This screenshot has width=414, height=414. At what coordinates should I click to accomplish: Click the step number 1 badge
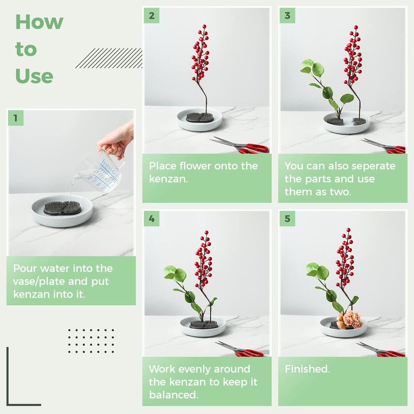tap(16, 118)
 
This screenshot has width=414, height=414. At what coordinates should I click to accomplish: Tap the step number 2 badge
tap(152, 16)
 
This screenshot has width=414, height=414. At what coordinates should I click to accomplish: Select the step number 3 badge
tap(288, 16)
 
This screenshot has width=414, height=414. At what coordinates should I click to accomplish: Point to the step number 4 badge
tap(152, 218)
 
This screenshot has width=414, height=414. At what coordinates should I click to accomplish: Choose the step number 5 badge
tap(288, 218)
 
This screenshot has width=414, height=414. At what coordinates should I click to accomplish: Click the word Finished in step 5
tap(306, 369)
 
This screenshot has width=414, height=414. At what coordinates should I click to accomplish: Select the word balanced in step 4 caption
tap(173, 395)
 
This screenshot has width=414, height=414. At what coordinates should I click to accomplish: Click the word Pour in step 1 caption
tap(25, 268)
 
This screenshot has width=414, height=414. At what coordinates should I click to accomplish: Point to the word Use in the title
tap(34, 76)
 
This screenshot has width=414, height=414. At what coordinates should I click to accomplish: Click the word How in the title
tap(39, 22)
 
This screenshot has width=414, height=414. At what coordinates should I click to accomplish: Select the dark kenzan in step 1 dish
tap(62, 208)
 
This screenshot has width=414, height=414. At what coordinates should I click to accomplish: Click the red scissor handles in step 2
tap(253, 149)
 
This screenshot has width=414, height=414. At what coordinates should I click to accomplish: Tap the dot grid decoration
tap(91, 341)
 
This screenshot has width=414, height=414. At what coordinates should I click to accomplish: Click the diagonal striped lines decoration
tap(109, 58)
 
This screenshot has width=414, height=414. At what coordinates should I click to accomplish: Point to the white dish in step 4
tap(203, 327)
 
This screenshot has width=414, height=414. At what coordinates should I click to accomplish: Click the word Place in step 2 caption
tap(162, 166)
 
